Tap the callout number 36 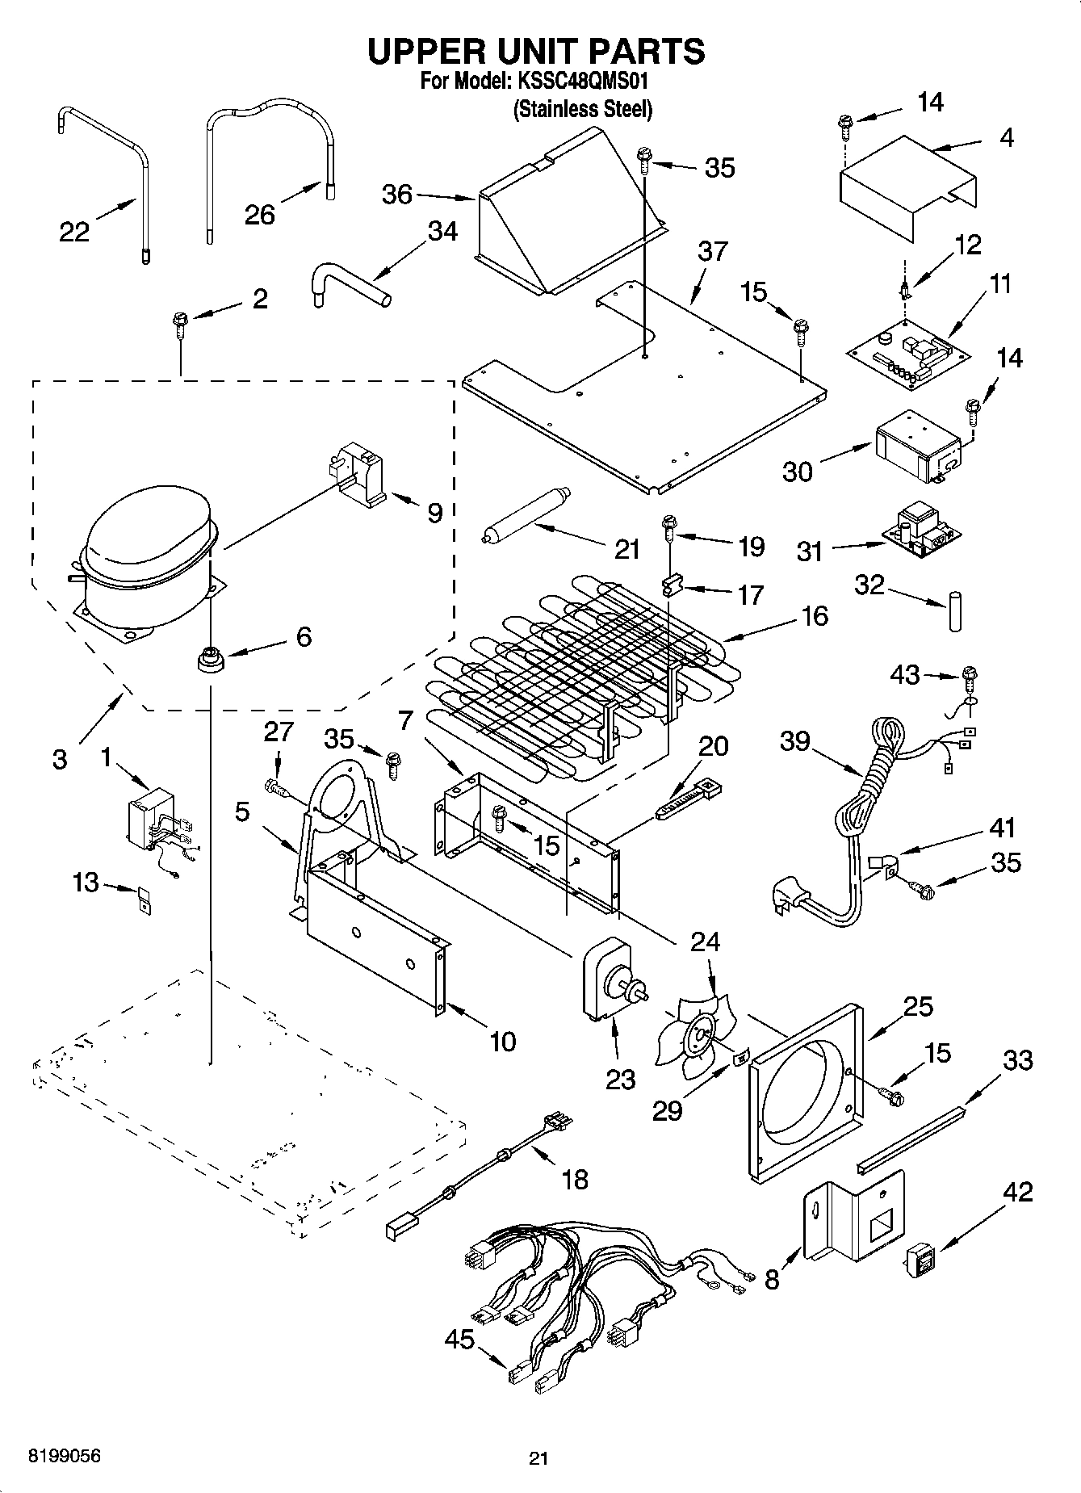(397, 195)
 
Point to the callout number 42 (1017, 1192)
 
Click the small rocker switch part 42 (920, 1261)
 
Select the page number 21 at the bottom (538, 1458)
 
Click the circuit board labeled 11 (908, 354)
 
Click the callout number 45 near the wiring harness (460, 1339)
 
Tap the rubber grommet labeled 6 (212, 658)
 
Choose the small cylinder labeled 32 (957, 610)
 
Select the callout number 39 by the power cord (795, 740)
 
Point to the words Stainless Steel (583, 109)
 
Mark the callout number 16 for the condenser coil (815, 615)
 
